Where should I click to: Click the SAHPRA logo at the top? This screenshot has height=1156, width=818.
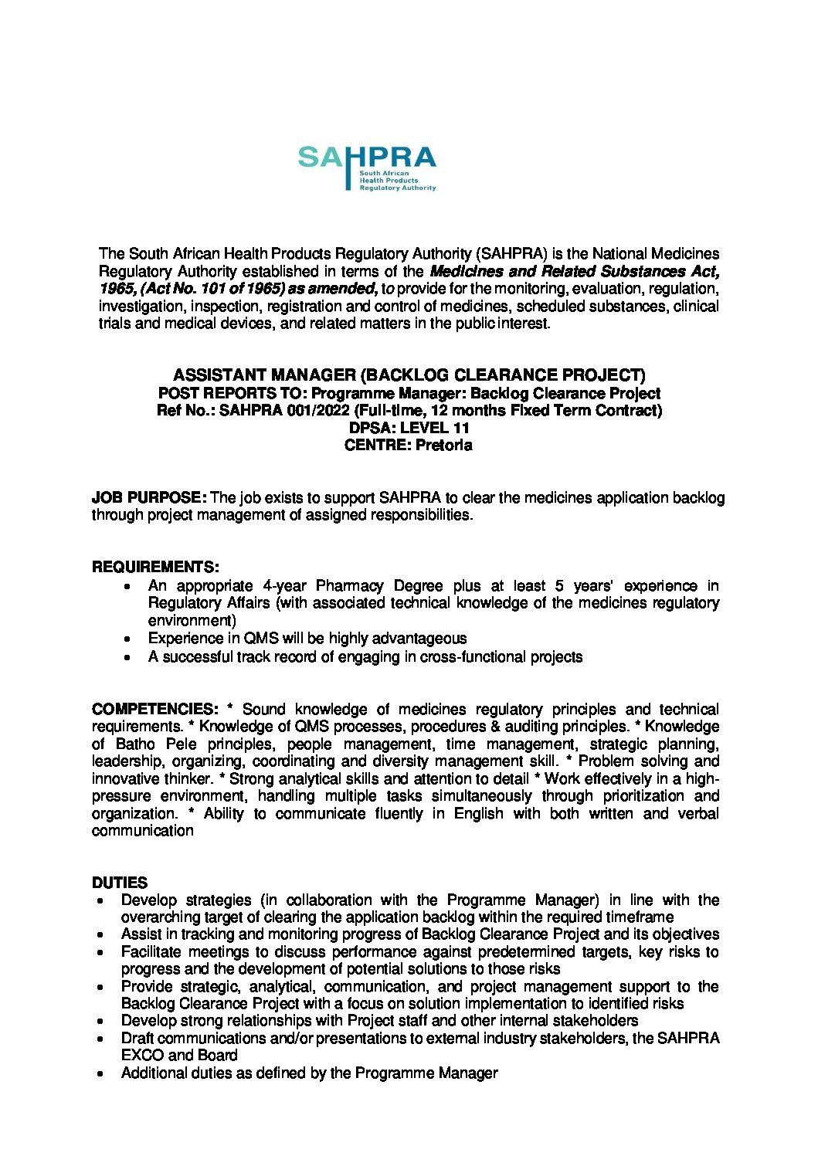[367, 167]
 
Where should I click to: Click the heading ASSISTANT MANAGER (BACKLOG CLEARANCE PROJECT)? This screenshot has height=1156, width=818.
[409, 375]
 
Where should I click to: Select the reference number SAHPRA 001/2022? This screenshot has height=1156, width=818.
[283, 410]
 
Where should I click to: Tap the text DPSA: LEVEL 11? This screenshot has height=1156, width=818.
[409, 428]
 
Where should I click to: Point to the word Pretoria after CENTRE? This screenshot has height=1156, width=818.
[443, 445]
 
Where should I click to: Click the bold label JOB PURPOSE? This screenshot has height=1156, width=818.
[148, 497]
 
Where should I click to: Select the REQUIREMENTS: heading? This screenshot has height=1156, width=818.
[155, 567]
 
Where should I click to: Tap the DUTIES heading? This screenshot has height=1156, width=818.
[120, 883]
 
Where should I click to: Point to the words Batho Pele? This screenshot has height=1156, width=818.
[155, 744]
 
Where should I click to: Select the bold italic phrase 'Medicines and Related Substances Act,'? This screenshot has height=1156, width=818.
[574, 271]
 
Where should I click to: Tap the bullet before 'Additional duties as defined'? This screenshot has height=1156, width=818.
[101, 1073]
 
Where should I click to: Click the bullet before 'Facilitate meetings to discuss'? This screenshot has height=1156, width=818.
[101, 952]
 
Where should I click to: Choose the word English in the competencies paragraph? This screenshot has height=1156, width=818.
[479, 813]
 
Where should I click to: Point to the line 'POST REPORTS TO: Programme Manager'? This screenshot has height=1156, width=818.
[409, 393]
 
